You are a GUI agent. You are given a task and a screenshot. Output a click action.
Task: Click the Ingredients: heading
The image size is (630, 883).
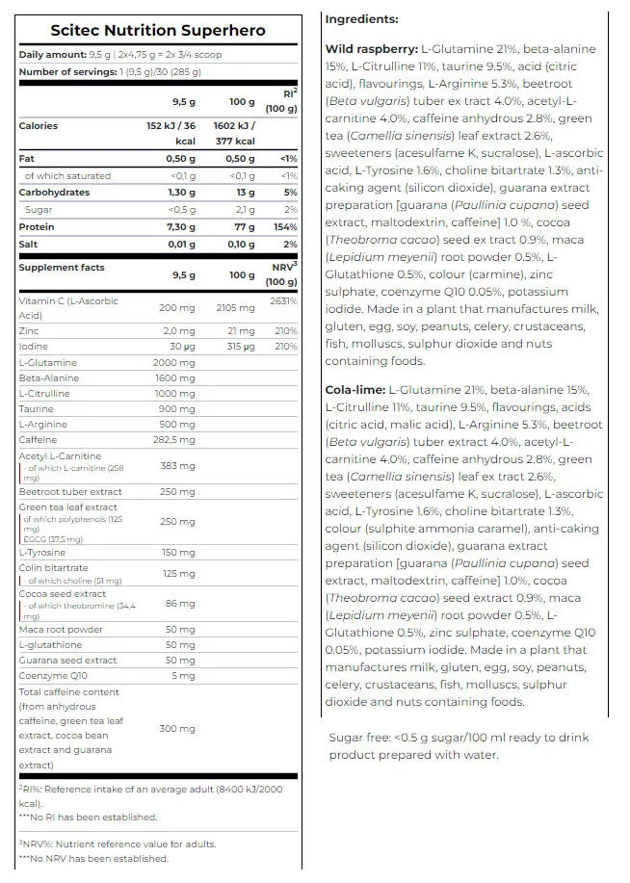(x=361, y=19)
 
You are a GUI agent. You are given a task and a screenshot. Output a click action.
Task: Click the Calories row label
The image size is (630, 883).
(x=39, y=126)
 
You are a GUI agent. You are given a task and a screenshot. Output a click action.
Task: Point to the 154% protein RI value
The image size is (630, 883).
(x=285, y=227)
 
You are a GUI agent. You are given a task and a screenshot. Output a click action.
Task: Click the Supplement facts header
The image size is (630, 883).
(x=62, y=268)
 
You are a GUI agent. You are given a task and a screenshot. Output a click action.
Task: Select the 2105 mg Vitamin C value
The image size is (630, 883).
(x=236, y=308)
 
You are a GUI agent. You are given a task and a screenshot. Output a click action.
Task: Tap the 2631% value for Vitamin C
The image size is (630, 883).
(x=284, y=301)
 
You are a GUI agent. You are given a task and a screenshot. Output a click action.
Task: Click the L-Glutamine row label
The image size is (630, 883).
(x=48, y=362)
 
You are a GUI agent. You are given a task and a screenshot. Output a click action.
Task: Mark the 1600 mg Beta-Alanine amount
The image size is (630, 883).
(x=176, y=378)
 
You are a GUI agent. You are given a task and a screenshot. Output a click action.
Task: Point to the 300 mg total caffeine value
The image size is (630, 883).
(x=177, y=729)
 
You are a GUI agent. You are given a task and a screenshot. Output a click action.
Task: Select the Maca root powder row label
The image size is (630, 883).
(x=61, y=630)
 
